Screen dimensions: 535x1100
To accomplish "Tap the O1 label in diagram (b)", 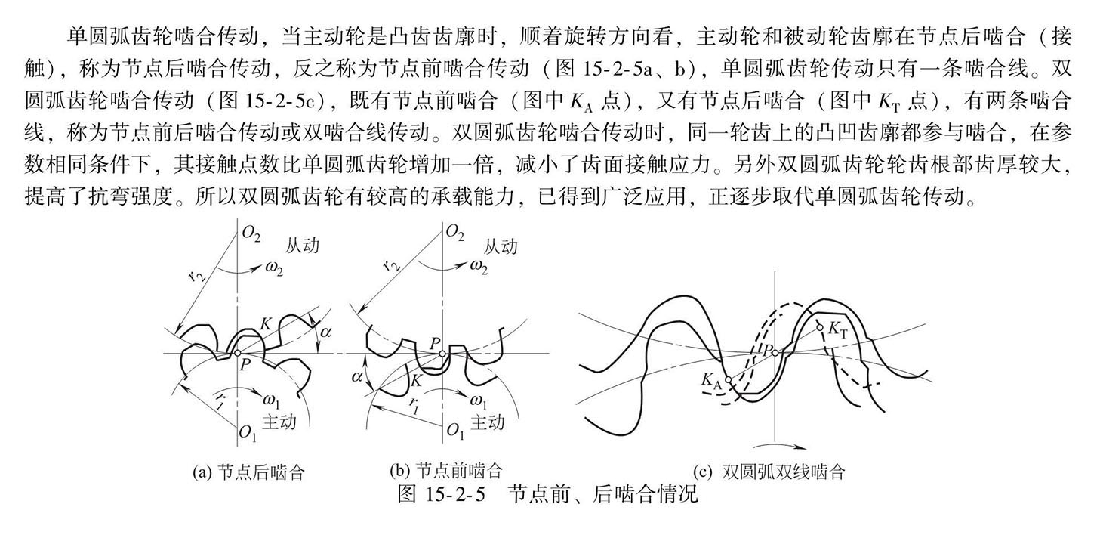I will tap(455, 431).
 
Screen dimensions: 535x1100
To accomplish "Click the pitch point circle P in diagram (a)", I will tap(237, 353).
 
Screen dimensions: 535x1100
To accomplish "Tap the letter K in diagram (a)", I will tap(265, 323).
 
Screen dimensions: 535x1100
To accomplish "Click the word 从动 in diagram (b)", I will tap(501, 246).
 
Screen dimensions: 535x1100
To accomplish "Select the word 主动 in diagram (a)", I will tap(279, 422).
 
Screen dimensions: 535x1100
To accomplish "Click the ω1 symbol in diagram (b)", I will tap(477, 400).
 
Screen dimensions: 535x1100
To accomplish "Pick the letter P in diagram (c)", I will tap(766, 349).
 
